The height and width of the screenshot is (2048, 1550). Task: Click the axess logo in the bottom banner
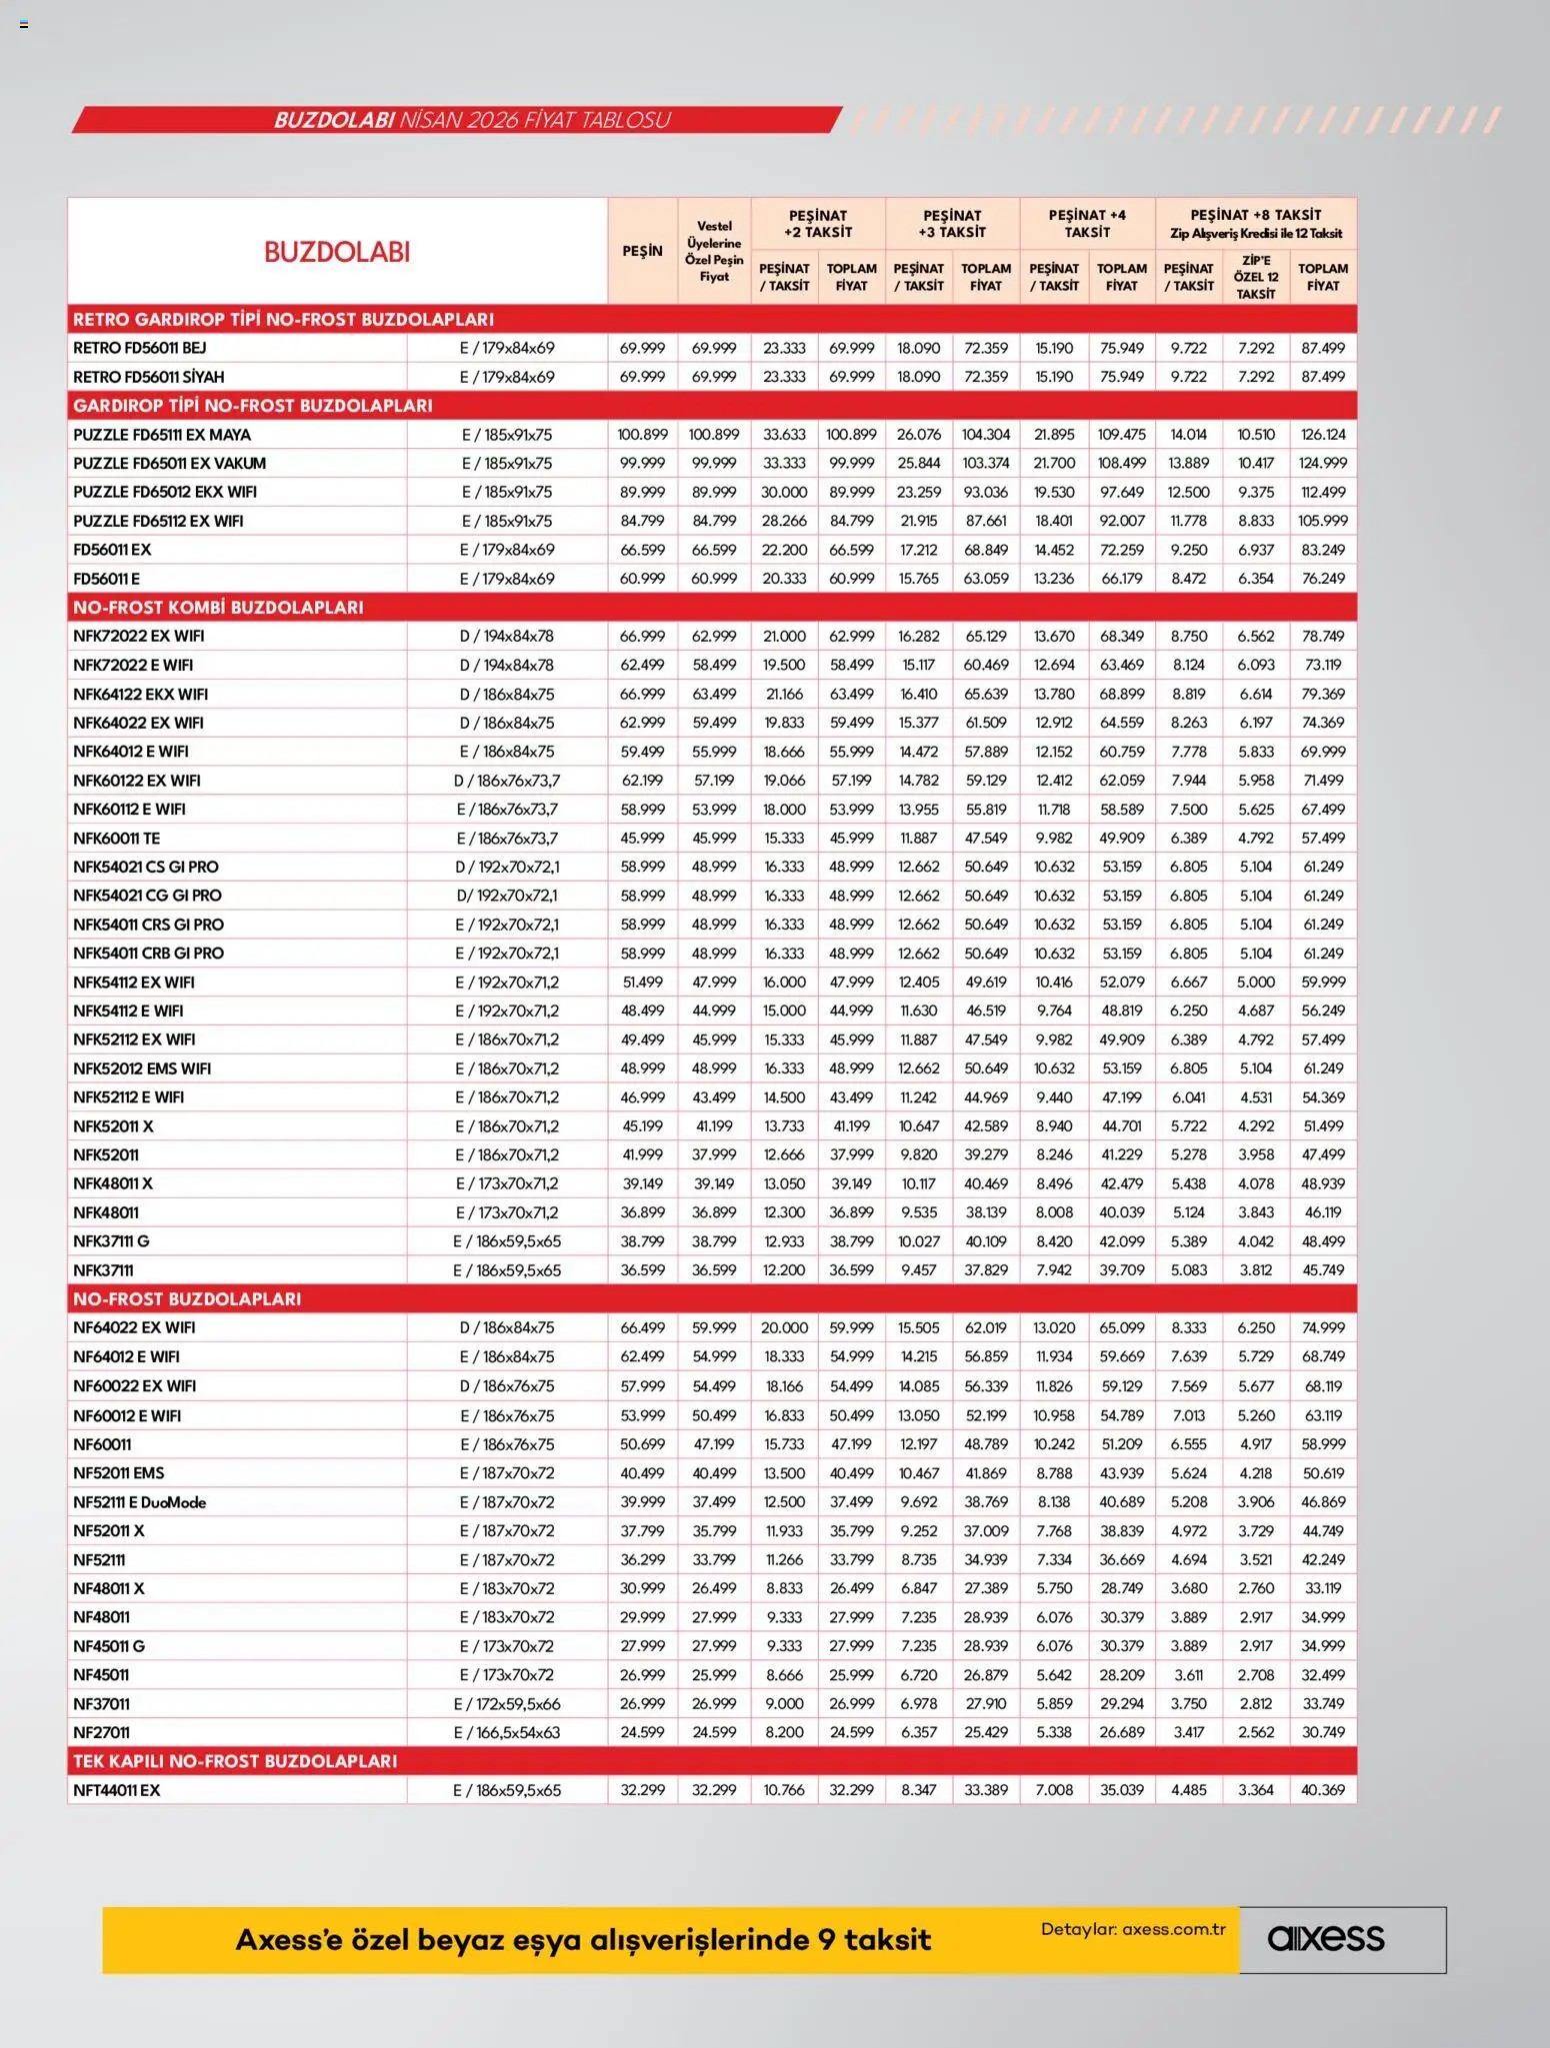pos(1326,1939)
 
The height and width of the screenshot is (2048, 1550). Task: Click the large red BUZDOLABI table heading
pos(337,252)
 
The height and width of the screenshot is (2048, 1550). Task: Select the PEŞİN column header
pos(642,251)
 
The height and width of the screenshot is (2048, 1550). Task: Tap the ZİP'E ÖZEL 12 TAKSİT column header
pos(1256,277)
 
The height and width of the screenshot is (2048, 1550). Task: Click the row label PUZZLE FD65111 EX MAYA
pos(162,435)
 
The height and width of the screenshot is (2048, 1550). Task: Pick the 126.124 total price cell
pos(1323,435)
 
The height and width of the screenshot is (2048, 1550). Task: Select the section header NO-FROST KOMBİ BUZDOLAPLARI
pos(218,608)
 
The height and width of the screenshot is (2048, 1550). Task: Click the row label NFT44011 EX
pos(116,1790)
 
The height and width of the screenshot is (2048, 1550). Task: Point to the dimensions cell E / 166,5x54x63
pos(507,1732)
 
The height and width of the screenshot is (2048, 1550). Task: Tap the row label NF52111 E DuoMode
pos(139,1502)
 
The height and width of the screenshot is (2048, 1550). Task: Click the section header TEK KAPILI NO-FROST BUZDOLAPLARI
pos(235,1761)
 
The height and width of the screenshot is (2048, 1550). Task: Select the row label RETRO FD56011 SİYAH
pos(148,377)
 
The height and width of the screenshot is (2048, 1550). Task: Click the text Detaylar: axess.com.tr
pos(1133,1929)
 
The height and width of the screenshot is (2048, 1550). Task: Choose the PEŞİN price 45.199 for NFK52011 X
pos(642,1126)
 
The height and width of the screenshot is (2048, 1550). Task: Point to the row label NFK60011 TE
pos(116,839)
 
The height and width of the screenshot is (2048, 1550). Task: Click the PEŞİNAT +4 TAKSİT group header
pos(1087,223)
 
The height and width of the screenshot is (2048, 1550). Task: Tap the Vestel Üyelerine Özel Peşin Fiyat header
pos(714,252)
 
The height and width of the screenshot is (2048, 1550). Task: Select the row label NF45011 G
pos(108,1646)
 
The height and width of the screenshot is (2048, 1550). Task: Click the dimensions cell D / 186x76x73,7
pos(507,781)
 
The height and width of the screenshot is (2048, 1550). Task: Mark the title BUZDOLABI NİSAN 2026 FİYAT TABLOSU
pos(472,120)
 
